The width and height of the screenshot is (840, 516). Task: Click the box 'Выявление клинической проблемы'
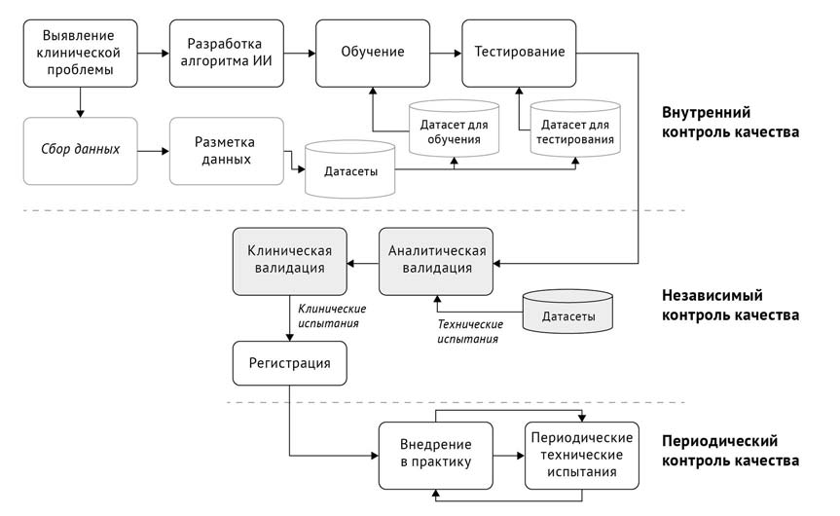pos(81,53)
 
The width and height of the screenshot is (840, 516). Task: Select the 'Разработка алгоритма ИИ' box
pos(226,53)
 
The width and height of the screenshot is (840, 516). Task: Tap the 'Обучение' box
pos(373,53)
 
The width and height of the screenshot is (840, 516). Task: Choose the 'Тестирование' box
pos(519,53)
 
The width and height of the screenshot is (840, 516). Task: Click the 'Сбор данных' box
pos(81,150)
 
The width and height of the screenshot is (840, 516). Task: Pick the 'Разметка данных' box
pos(226,150)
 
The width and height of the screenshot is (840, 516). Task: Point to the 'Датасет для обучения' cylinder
pos(454,130)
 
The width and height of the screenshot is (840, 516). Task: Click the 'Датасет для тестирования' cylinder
pos(575,130)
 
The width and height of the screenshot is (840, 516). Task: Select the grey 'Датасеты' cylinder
pos(567,313)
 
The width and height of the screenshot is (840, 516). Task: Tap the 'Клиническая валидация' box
pos(291,261)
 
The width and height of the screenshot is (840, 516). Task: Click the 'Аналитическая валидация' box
pos(437,261)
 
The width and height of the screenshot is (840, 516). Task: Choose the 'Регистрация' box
pos(289,363)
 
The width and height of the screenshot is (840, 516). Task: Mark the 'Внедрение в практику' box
pos(436,455)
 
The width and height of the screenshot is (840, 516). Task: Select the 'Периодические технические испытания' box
pos(581,455)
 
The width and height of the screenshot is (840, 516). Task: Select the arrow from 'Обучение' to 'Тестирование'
pos(446,53)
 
